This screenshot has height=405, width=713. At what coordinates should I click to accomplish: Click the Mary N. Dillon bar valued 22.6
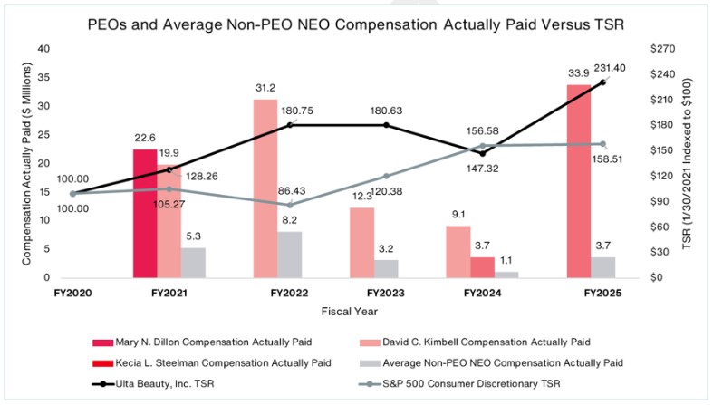pyautogui.click(x=145, y=213)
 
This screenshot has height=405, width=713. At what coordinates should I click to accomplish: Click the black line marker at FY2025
pyautogui.click(x=602, y=82)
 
